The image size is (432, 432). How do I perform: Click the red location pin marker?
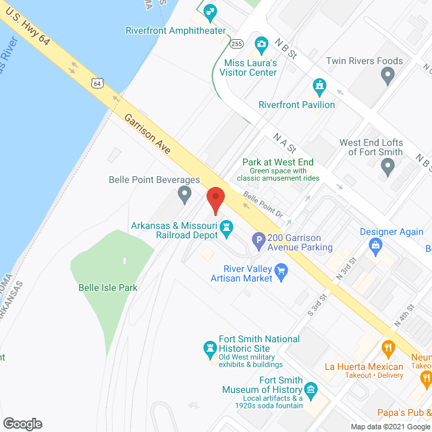click(215, 200)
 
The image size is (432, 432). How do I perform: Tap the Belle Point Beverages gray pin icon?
click(184, 195)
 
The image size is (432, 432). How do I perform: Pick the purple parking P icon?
click(258, 239)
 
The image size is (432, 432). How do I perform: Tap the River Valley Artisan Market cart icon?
click(281, 272)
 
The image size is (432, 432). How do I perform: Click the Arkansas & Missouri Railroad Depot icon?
click(227, 230)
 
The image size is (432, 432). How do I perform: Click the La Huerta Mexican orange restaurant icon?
click(388, 349)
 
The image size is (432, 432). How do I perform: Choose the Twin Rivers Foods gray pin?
click(387, 76)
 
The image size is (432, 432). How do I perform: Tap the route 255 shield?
click(236, 44)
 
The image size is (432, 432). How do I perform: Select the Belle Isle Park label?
click(108, 288)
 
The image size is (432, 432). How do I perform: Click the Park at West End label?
click(278, 162)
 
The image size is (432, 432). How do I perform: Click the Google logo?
click(22, 423)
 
